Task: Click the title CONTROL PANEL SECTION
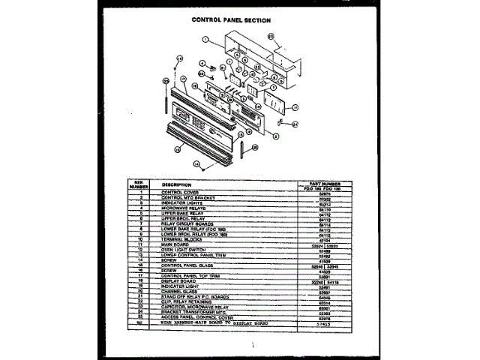point(231,20)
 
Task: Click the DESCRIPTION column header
point(176,184)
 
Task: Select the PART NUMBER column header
point(325,183)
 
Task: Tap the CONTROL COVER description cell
point(179,192)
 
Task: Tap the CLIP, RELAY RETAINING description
point(188,302)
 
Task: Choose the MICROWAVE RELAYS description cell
point(183,208)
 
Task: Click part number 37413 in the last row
point(325,323)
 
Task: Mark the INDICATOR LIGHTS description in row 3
point(182,202)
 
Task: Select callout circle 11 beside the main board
point(295,107)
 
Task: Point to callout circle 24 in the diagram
point(295,124)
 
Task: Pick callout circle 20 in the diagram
point(254,148)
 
